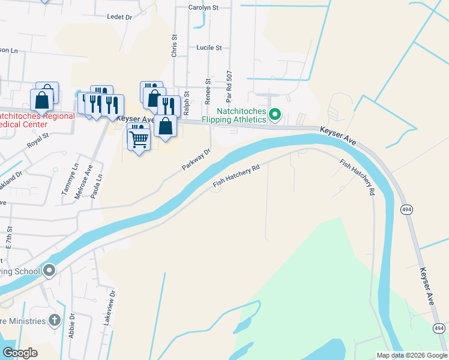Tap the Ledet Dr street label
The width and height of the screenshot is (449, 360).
[x=119, y=17]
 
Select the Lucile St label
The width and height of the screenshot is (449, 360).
[x=209, y=47]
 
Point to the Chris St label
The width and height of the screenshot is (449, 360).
[x=175, y=46]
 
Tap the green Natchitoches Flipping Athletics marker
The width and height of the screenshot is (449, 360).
[x=275, y=113]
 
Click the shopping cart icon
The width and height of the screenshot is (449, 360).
[x=139, y=139]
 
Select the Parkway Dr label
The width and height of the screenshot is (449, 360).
[x=197, y=160]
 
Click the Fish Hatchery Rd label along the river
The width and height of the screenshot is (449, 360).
[x=237, y=176]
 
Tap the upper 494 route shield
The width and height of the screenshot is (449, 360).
[x=406, y=208]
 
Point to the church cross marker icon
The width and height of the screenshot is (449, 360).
[x=55, y=320]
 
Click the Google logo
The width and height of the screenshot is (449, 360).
[x=20, y=353]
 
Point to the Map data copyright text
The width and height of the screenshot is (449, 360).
[x=411, y=355]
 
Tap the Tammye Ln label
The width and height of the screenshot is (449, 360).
[x=65, y=179]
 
